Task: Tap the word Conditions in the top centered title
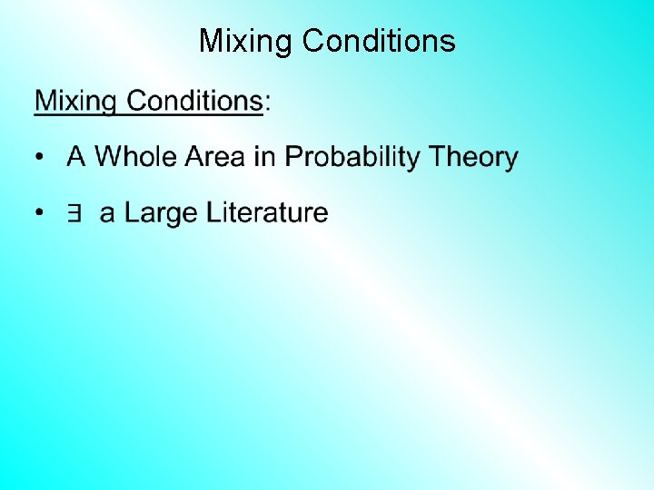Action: [x=379, y=41]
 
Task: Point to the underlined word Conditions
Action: [x=194, y=101]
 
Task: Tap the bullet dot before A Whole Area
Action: [x=39, y=159]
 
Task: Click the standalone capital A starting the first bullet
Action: [x=76, y=157]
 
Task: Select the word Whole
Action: [x=136, y=157]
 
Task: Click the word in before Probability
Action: [x=264, y=157]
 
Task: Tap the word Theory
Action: [x=473, y=159]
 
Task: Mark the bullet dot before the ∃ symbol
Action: [x=39, y=214]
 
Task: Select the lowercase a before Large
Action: [x=107, y=215]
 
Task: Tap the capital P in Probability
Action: [x=294, y=157]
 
